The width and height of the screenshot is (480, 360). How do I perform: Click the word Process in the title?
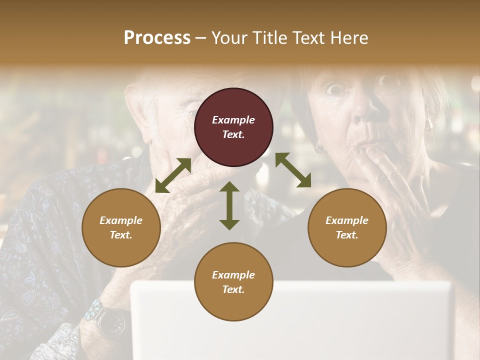click(x=157, y=38)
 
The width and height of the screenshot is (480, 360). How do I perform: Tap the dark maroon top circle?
click(x=233, y=127)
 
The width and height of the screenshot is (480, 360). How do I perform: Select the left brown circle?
click(x=121, y=227)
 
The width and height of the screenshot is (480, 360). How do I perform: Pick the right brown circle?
click(x=347, y=227)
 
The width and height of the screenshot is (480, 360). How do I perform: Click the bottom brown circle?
click(x=233, y=282)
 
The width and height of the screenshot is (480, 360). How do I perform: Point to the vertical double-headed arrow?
click(x=229, y=205)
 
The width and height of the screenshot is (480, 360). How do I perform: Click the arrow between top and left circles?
click(x=173, y=175)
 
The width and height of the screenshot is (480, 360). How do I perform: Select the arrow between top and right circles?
click(x=293, y=170)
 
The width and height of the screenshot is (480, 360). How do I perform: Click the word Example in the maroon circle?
click(x=233, y=120)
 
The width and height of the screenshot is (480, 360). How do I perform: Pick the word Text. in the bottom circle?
click(x=233, y=289)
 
